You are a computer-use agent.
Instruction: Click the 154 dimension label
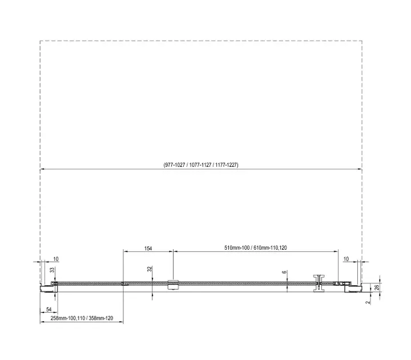[x=148, y=248]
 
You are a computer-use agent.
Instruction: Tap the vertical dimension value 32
[x=150, y=269]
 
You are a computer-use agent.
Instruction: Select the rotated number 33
[x=52, y=270]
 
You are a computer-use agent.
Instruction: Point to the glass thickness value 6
[x=285, y=272]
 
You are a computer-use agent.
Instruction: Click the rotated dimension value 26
[x=377, y=287]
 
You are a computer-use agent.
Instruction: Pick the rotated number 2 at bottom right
[x=368, y=302]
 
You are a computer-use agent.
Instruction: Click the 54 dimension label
[x=49, y=309]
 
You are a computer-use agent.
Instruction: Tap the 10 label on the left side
[x=56, y=259]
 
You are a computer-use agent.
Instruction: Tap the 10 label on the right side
[x=346, y=259]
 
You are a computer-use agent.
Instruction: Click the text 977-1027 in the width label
[x=175, y=165]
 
